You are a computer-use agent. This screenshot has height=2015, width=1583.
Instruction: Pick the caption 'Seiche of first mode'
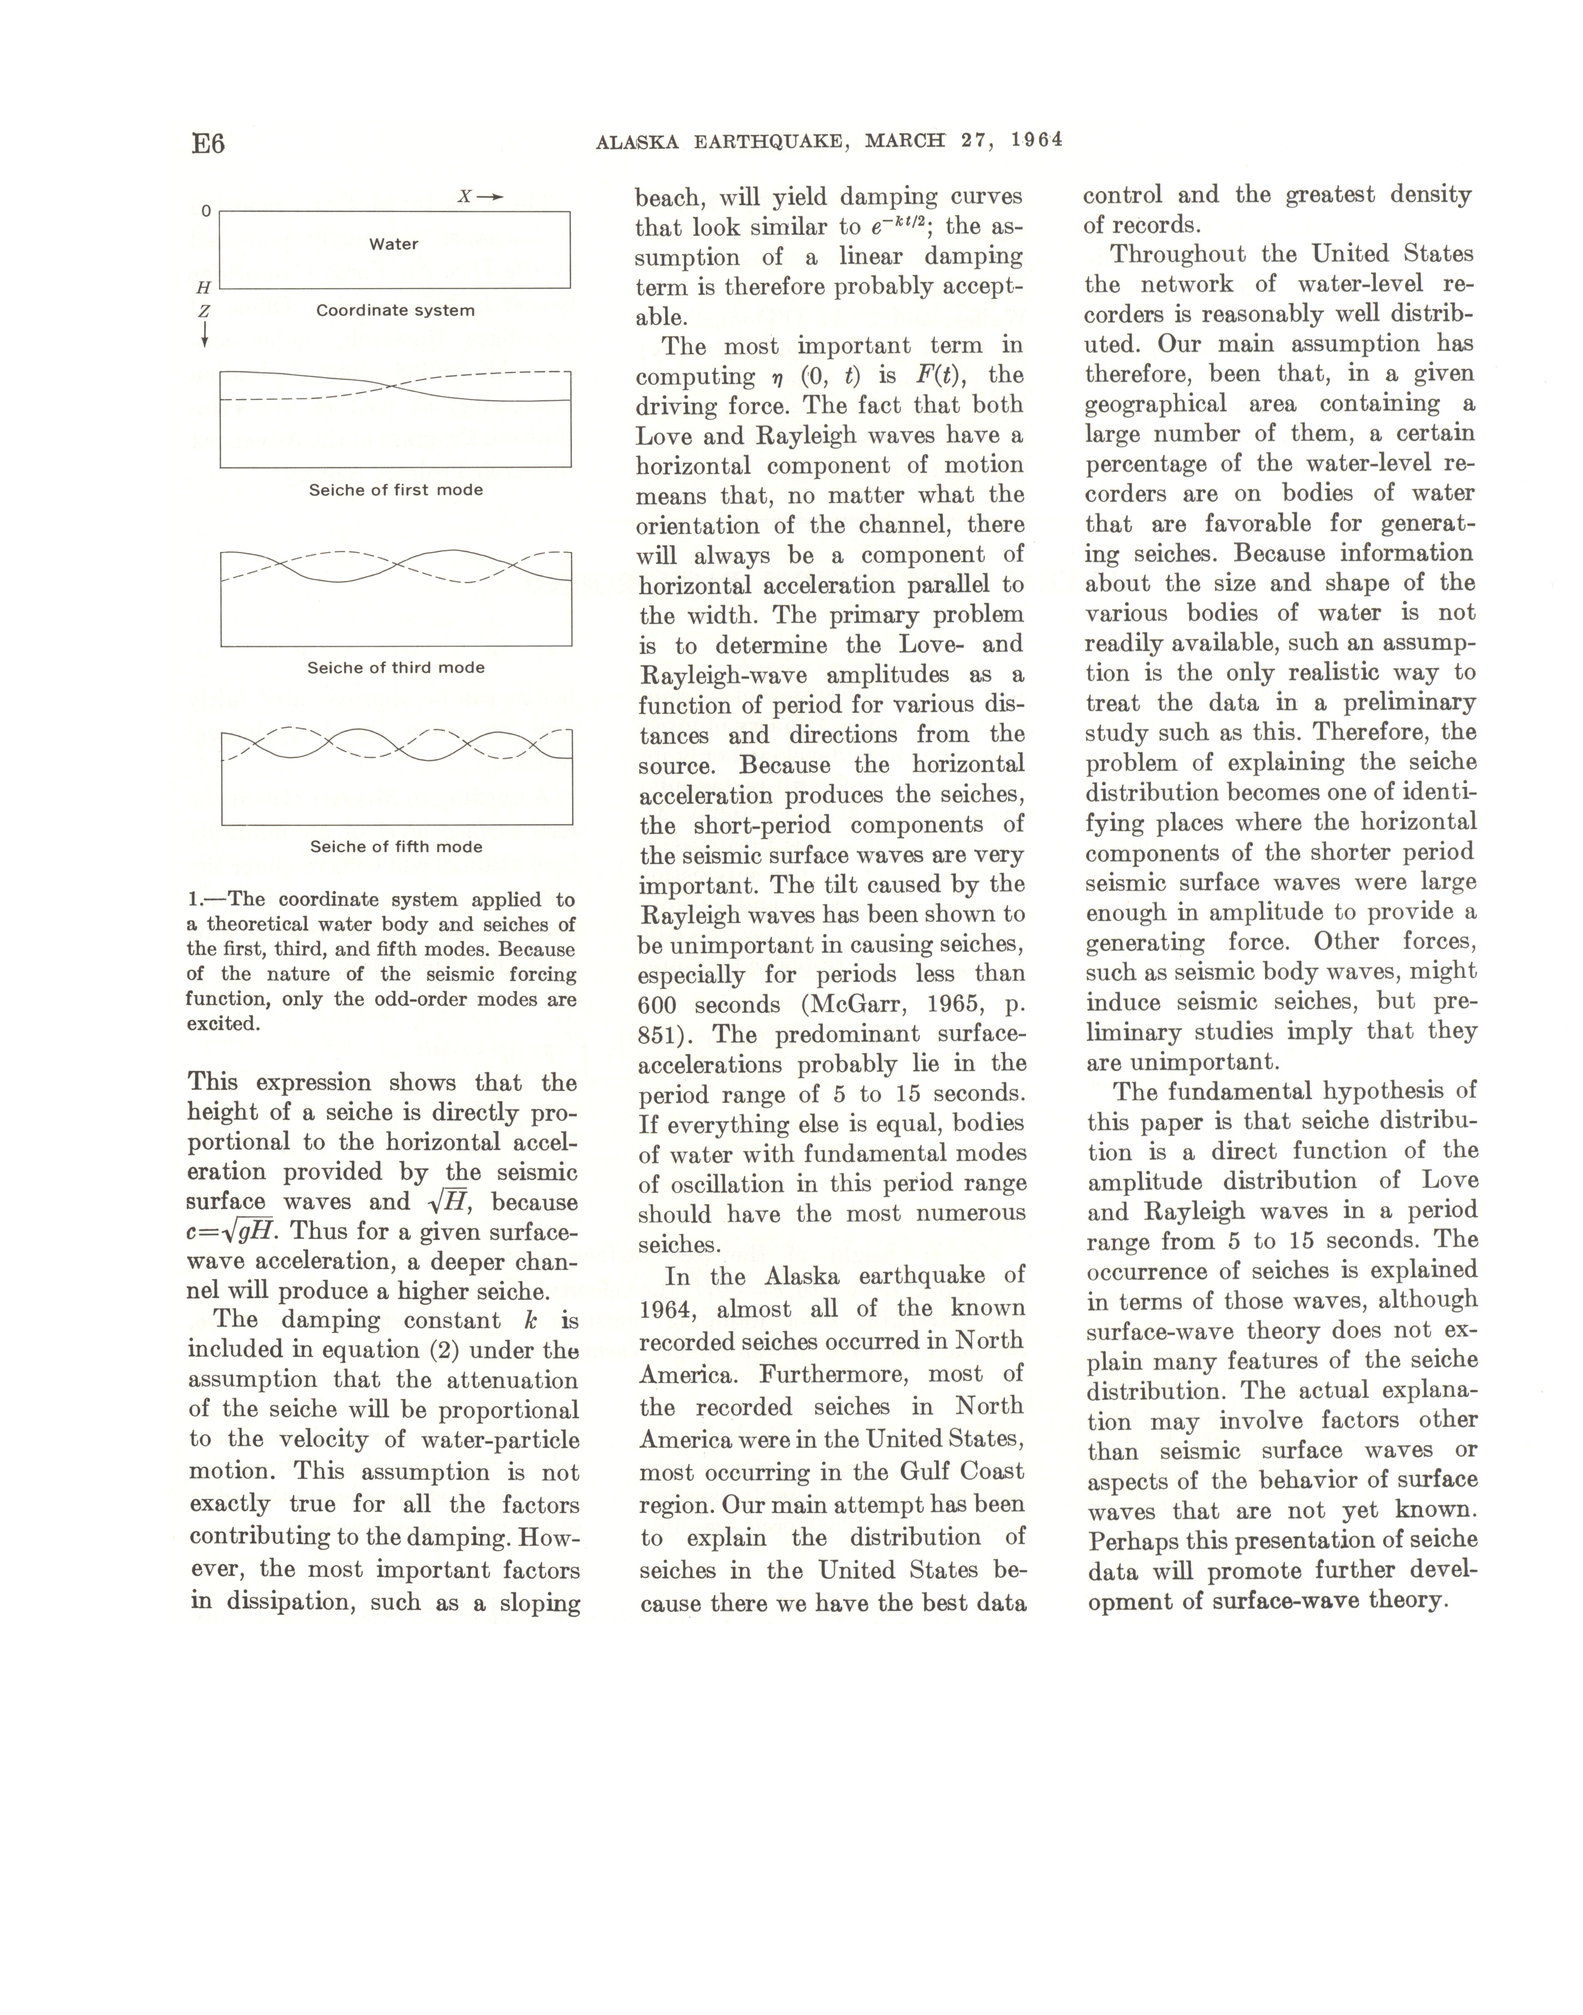tap(396, 490)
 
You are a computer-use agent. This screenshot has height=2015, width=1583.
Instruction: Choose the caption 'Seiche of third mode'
tap(396, 667)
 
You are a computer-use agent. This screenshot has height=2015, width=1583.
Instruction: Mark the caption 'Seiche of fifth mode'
tap(396, 846)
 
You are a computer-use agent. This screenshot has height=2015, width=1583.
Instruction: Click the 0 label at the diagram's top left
tap(206, 211)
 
